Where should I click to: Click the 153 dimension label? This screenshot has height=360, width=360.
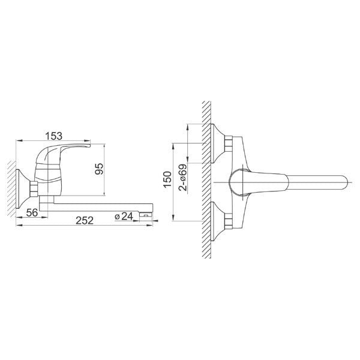(53, 136)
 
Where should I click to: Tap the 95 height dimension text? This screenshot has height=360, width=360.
(99, 169)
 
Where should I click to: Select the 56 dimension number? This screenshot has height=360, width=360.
(32, 212)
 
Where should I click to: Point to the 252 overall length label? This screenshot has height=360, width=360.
(85, 221)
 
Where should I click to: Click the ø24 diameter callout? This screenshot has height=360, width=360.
(124, 216)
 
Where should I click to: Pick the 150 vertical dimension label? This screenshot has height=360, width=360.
(167, 180)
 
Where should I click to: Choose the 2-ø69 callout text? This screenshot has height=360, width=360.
(183, 178)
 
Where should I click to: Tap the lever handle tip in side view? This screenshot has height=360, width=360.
(88, 145)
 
